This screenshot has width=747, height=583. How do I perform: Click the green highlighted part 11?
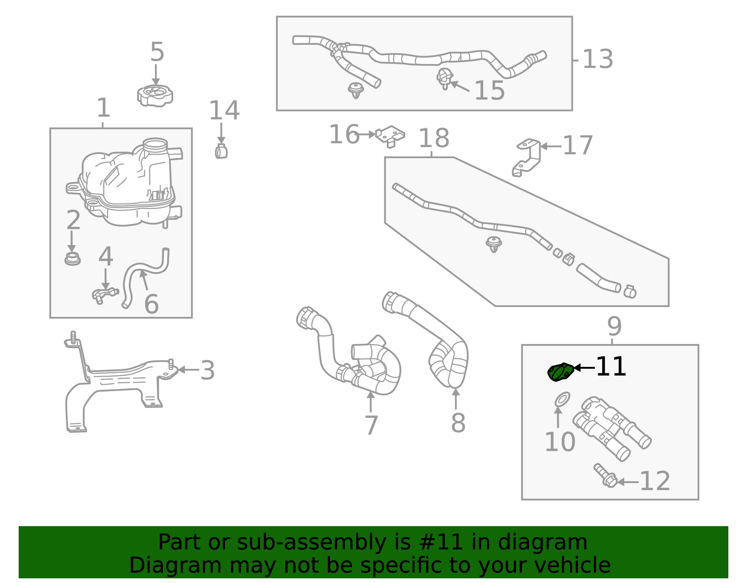560,372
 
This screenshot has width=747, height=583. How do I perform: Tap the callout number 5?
157,52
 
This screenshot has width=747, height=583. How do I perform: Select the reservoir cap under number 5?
155,95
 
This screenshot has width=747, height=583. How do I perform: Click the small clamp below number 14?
221,151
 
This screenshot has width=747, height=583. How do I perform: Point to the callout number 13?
598,59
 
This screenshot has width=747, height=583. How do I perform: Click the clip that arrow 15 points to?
444,78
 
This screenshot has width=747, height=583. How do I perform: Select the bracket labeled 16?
390,135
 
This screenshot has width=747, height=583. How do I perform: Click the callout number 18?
434,138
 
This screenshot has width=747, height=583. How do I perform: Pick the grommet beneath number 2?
72,259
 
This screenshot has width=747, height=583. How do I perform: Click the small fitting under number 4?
104,295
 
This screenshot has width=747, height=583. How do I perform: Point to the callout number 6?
151,304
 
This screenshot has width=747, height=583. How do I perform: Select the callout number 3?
207,371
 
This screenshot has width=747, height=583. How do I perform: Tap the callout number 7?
371,425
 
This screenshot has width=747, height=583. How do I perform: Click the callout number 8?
458,423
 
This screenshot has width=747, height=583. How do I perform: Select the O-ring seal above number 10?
562,400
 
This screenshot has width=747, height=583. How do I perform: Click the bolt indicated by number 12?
606,476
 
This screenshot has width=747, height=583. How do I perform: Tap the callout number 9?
614,326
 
